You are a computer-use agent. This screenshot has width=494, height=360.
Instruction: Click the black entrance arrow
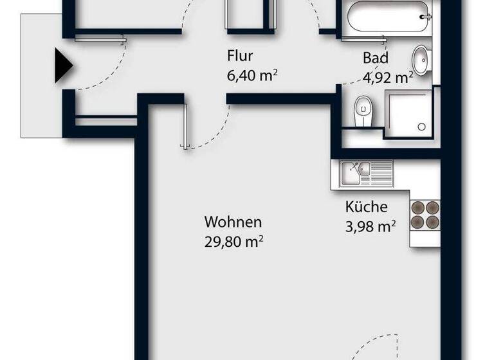62,66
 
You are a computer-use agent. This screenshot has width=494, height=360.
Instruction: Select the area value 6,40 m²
252,75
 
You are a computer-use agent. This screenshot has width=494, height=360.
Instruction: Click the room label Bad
375,58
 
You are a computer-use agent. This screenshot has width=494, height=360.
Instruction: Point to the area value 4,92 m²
387,78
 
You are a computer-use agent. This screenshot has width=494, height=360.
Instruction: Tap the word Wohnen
233,222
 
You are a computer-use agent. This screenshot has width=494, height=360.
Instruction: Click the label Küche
366,207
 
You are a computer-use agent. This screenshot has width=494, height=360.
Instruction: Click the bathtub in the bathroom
385,16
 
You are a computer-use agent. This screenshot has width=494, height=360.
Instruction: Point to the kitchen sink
354,172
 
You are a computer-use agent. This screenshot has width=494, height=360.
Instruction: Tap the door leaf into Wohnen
185,125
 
